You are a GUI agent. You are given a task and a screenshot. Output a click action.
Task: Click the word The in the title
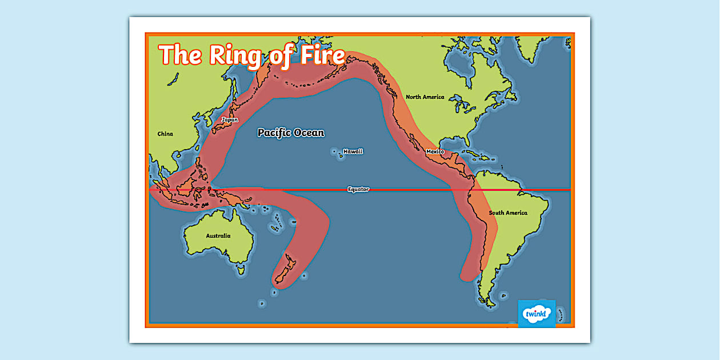(x=180, y=55)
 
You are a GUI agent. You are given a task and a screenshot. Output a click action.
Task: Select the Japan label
(x=230, y=120)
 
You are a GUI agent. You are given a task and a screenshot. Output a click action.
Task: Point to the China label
(x=165, y=134)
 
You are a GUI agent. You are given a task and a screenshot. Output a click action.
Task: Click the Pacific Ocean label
(x=291, y=133)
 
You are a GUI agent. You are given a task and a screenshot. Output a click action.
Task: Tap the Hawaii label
(x=353, y=151)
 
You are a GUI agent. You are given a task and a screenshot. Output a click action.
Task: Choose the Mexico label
(x=435, y=151)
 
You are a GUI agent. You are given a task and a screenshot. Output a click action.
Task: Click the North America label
(x=425, y=97)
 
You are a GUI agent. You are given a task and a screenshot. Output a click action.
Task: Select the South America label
(x=508, y=213)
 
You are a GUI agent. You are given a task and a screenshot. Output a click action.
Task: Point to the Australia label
(x=218, y=235)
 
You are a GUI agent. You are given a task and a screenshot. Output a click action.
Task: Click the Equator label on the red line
(x=358, y=189)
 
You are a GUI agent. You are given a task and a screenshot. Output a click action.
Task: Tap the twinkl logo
(x=537, y=314)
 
